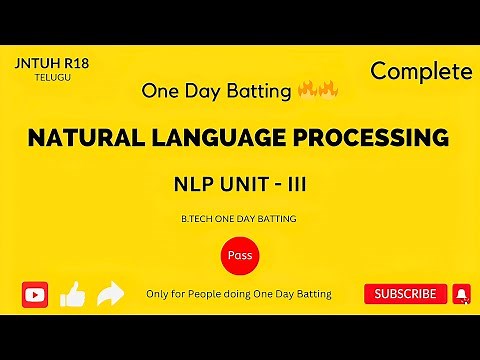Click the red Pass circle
(x=240, y=256)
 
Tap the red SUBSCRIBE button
(x=405, y=294)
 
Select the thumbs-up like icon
(x=72, y=293)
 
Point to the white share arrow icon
(x=110, y=293)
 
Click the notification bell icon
(x=461, y=294)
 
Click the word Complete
(x=420, y=71)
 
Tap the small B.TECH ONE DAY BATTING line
(x=240, y=218)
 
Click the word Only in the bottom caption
(x=158, y=294)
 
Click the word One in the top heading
(x=163, y=92)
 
